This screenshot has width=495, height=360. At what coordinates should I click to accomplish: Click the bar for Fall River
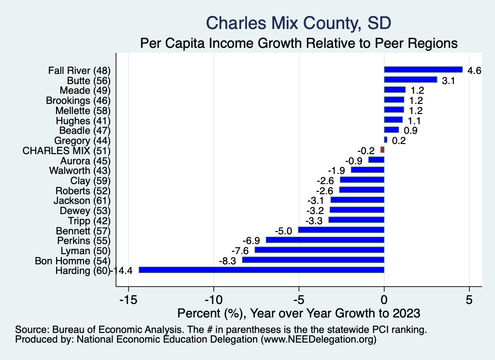(423, 70)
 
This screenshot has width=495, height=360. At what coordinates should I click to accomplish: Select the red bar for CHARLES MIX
(382, 150)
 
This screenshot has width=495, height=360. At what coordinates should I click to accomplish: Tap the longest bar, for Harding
(261, 270)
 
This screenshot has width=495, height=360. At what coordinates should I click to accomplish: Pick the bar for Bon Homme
(313, 260)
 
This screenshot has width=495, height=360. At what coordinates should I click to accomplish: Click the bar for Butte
(410, 80)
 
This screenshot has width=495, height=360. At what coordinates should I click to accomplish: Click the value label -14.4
(122, 271)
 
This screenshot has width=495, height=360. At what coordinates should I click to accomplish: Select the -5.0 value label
(284, 231)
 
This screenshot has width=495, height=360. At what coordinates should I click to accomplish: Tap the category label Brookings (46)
(78, 101)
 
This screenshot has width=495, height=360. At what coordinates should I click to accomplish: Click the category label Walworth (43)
(80, 171)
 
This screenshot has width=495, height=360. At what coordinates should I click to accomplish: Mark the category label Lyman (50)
(86, 250)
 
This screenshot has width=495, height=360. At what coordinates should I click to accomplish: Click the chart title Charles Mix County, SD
(298, 23)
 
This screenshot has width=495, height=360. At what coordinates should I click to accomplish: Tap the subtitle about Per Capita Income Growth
(298, 43)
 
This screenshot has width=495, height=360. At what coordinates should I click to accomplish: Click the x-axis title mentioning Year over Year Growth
(299, 313)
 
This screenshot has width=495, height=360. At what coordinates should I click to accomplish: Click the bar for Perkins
(325, 240)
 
